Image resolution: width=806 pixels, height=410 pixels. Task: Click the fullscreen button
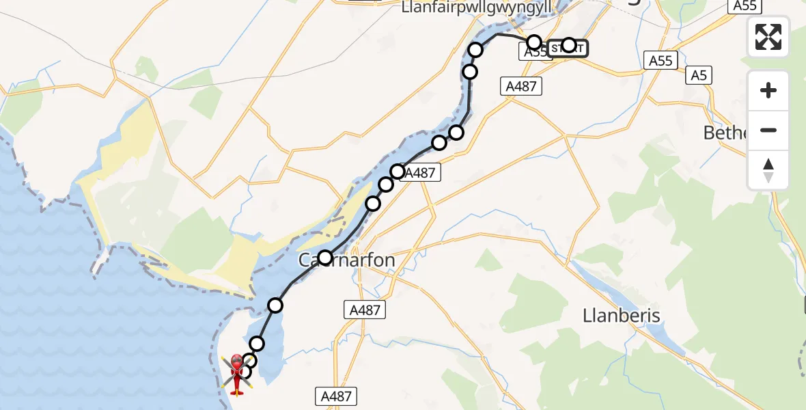768,37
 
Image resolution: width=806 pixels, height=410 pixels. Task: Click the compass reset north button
768,170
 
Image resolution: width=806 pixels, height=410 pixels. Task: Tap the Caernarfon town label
347,260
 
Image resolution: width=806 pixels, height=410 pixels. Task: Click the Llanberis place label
622,315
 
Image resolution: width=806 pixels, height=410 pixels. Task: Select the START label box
566,48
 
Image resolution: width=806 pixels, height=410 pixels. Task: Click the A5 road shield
698,75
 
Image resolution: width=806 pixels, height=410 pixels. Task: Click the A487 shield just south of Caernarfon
364,310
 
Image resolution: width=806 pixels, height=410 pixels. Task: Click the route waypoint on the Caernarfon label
325,258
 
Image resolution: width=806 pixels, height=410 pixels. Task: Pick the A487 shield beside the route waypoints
419,173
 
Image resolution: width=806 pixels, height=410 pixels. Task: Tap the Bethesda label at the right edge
726,132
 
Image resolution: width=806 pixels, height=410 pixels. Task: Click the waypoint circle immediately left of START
534,42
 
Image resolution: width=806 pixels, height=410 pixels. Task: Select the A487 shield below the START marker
521,86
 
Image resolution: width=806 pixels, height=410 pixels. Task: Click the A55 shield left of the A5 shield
661,61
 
